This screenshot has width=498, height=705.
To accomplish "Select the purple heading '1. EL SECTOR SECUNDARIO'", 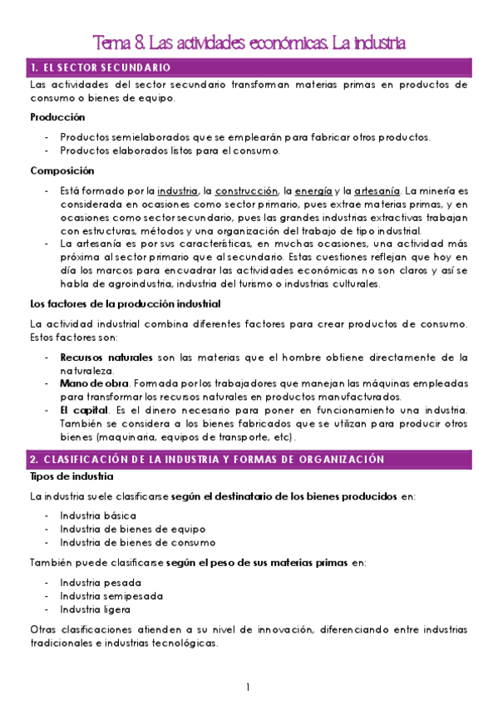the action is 100,67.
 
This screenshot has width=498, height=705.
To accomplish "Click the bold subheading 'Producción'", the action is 57,117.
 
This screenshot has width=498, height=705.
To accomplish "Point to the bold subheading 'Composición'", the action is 62,171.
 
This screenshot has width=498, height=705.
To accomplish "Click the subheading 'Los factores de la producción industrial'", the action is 125,303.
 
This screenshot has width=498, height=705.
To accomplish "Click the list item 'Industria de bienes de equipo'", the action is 132,529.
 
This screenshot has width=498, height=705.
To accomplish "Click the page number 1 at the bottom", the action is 247,688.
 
